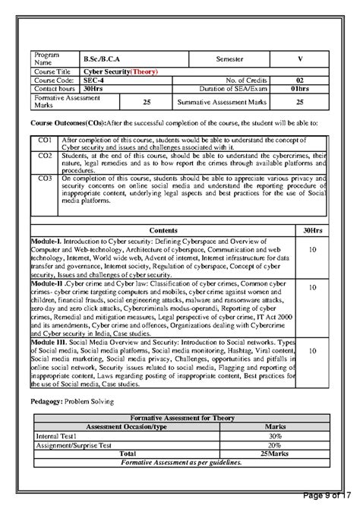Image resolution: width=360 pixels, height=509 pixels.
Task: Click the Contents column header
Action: (163, 229)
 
